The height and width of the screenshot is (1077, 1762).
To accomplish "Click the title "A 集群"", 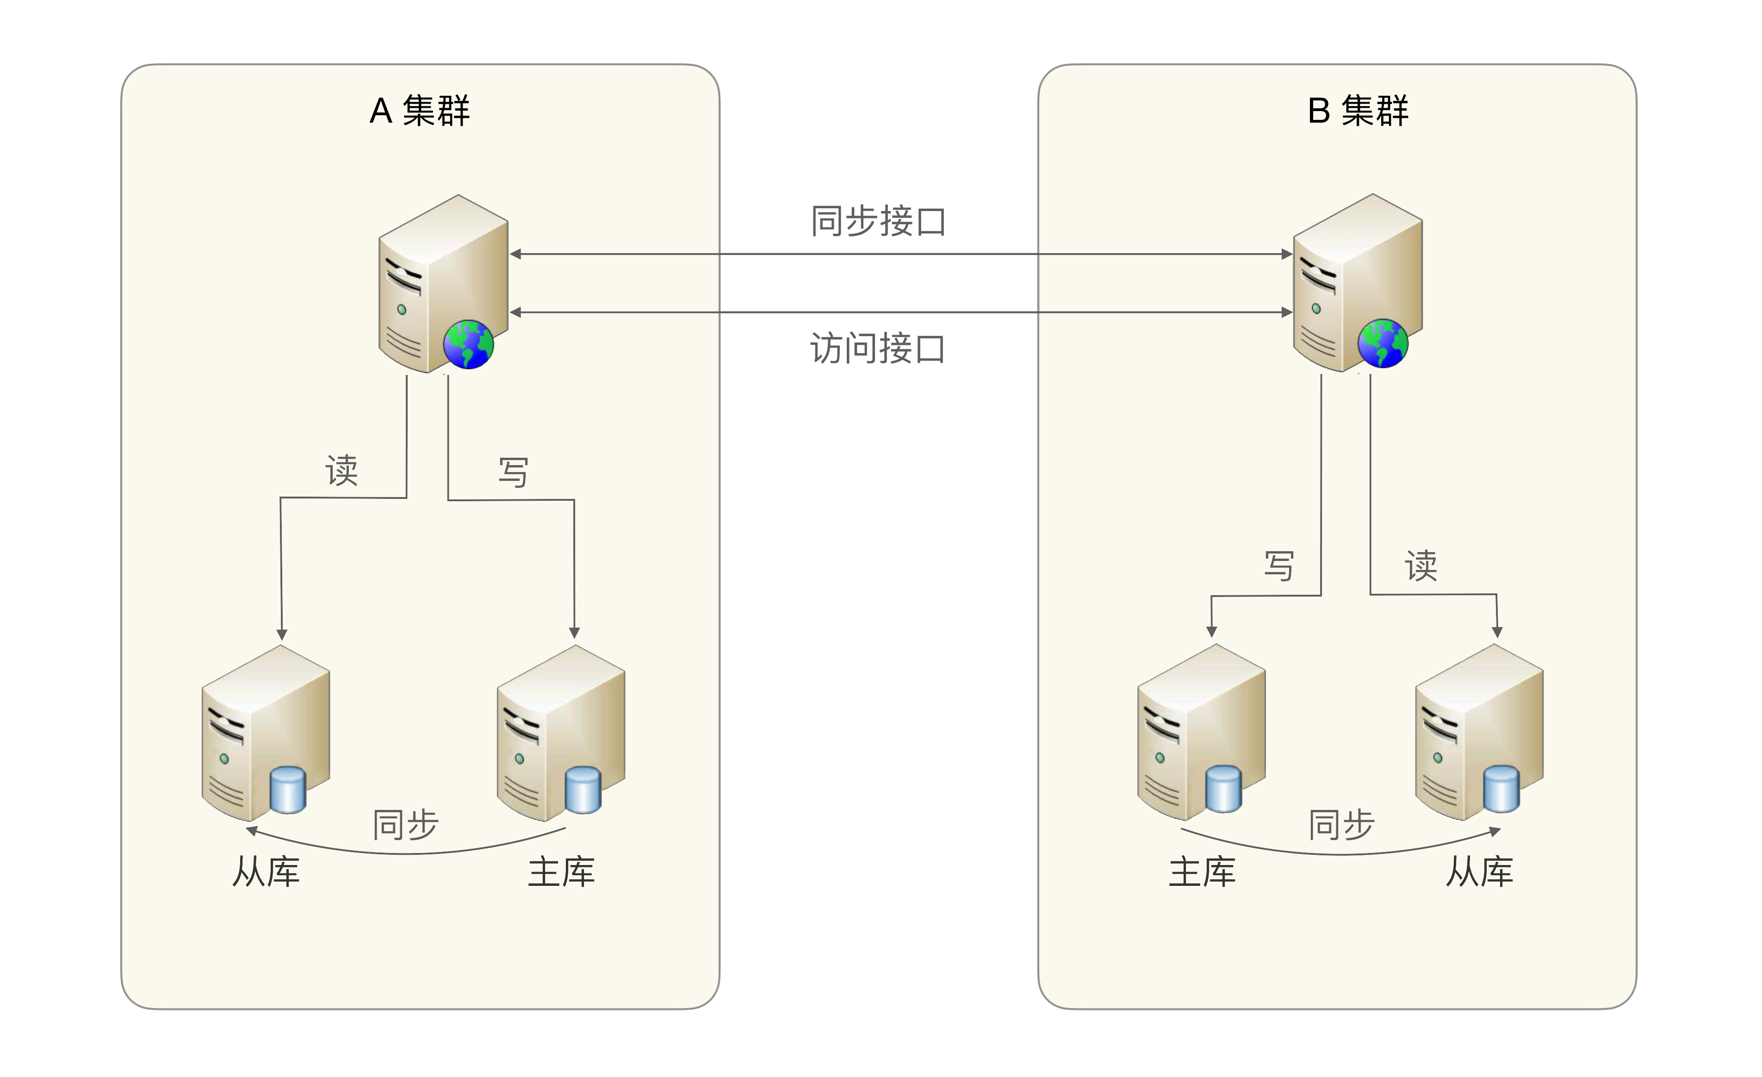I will click(420, 111).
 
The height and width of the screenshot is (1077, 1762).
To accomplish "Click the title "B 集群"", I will click(1357, 111).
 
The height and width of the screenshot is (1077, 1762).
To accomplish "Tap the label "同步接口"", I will click(878, 221).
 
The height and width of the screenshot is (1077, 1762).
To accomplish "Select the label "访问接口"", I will click(878, 349).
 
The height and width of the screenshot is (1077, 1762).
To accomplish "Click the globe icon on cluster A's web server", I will click(468, 344).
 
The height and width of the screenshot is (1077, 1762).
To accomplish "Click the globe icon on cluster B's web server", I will click(1383, 343).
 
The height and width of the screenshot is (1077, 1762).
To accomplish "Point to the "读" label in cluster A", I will click(342, 471).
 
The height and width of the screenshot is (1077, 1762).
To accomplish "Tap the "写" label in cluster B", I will click(1279, 567).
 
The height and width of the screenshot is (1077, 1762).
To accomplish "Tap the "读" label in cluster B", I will click(1421, 567).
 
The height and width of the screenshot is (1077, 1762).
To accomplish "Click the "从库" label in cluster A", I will click(266, 872).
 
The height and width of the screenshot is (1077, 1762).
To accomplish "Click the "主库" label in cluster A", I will click(561, 872).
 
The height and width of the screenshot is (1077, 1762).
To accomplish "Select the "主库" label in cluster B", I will click(1202, 872).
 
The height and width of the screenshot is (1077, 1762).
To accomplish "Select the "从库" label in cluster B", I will click(1480, 872).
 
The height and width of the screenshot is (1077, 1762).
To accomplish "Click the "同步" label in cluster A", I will click(405, 825).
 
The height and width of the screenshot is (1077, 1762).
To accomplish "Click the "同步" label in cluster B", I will click(1341, 825).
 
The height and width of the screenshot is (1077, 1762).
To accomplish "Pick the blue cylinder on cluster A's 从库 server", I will click(288, 790).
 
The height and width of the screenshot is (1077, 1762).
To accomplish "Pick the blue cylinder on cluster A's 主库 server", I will click(583, 790).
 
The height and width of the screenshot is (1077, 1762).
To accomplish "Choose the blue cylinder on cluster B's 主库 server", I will click(1223, 789).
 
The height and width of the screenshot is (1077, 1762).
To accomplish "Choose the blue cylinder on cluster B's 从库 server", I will click(1501, 789).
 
